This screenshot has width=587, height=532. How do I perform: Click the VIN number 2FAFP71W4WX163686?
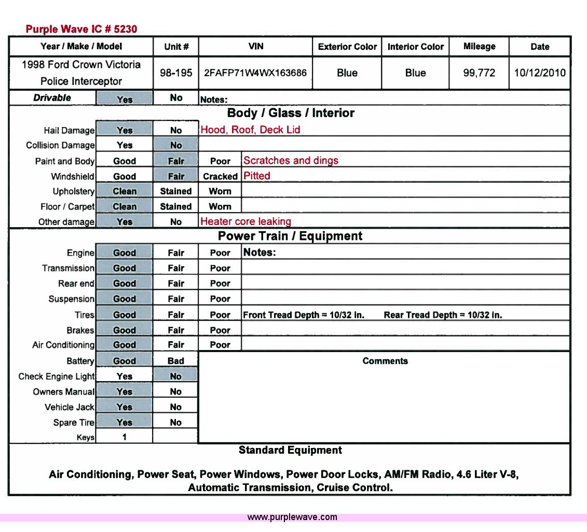tap(255, 73)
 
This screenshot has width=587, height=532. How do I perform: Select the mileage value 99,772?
tap(479, 73)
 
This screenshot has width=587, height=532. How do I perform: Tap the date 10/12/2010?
tap(540, 73)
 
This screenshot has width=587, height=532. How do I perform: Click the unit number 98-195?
tap(176, 73)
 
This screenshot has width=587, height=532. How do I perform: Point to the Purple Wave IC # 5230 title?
tap(81, 29)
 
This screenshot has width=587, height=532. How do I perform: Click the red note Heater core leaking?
tap(245, 222)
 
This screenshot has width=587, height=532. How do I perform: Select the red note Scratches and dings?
tap(291, 161)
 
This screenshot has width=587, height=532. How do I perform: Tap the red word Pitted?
tap(257, 176)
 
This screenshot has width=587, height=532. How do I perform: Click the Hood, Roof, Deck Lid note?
tap(250, 130)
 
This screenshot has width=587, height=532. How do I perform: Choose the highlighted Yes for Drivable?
tap(125, 99)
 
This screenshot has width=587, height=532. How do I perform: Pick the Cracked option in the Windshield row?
tap(220, 176)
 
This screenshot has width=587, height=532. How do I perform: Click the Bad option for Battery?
tap(176, 361)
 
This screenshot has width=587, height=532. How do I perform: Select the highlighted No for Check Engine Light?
tap(176, 376)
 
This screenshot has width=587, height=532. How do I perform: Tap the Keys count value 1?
tap(125, 437)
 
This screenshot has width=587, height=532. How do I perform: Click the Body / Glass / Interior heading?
tap(291, 113)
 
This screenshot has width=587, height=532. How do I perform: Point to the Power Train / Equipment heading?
tap(290, 236)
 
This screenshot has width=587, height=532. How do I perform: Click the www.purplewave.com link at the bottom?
tap(292, 517)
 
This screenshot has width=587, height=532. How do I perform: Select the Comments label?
tap(385, 361)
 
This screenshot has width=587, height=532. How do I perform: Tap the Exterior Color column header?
tap(347, 47)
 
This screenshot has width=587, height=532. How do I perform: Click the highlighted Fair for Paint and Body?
tap(176, 161)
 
